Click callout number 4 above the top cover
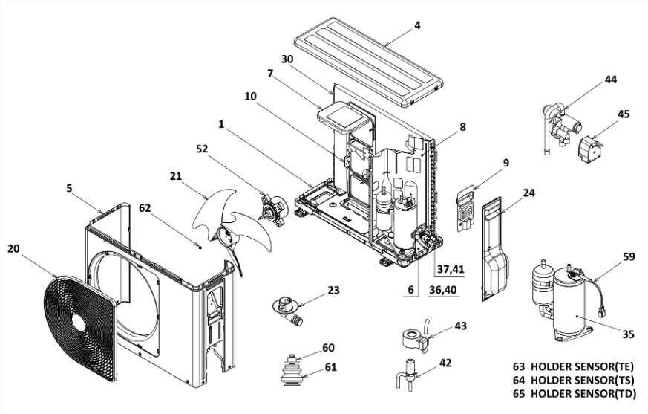pyautogui.click(x=417, y=25)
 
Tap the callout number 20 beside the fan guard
pyautogui.click(x=13, y=249)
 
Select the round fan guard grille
pyautogui.click(x=79, y=327)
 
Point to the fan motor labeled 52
pyautogui.click(x=273, y=211)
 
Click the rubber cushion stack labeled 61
pyautogui.click(x=293, y=376)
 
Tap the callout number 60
pyautogui.click(x=328, y=348)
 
